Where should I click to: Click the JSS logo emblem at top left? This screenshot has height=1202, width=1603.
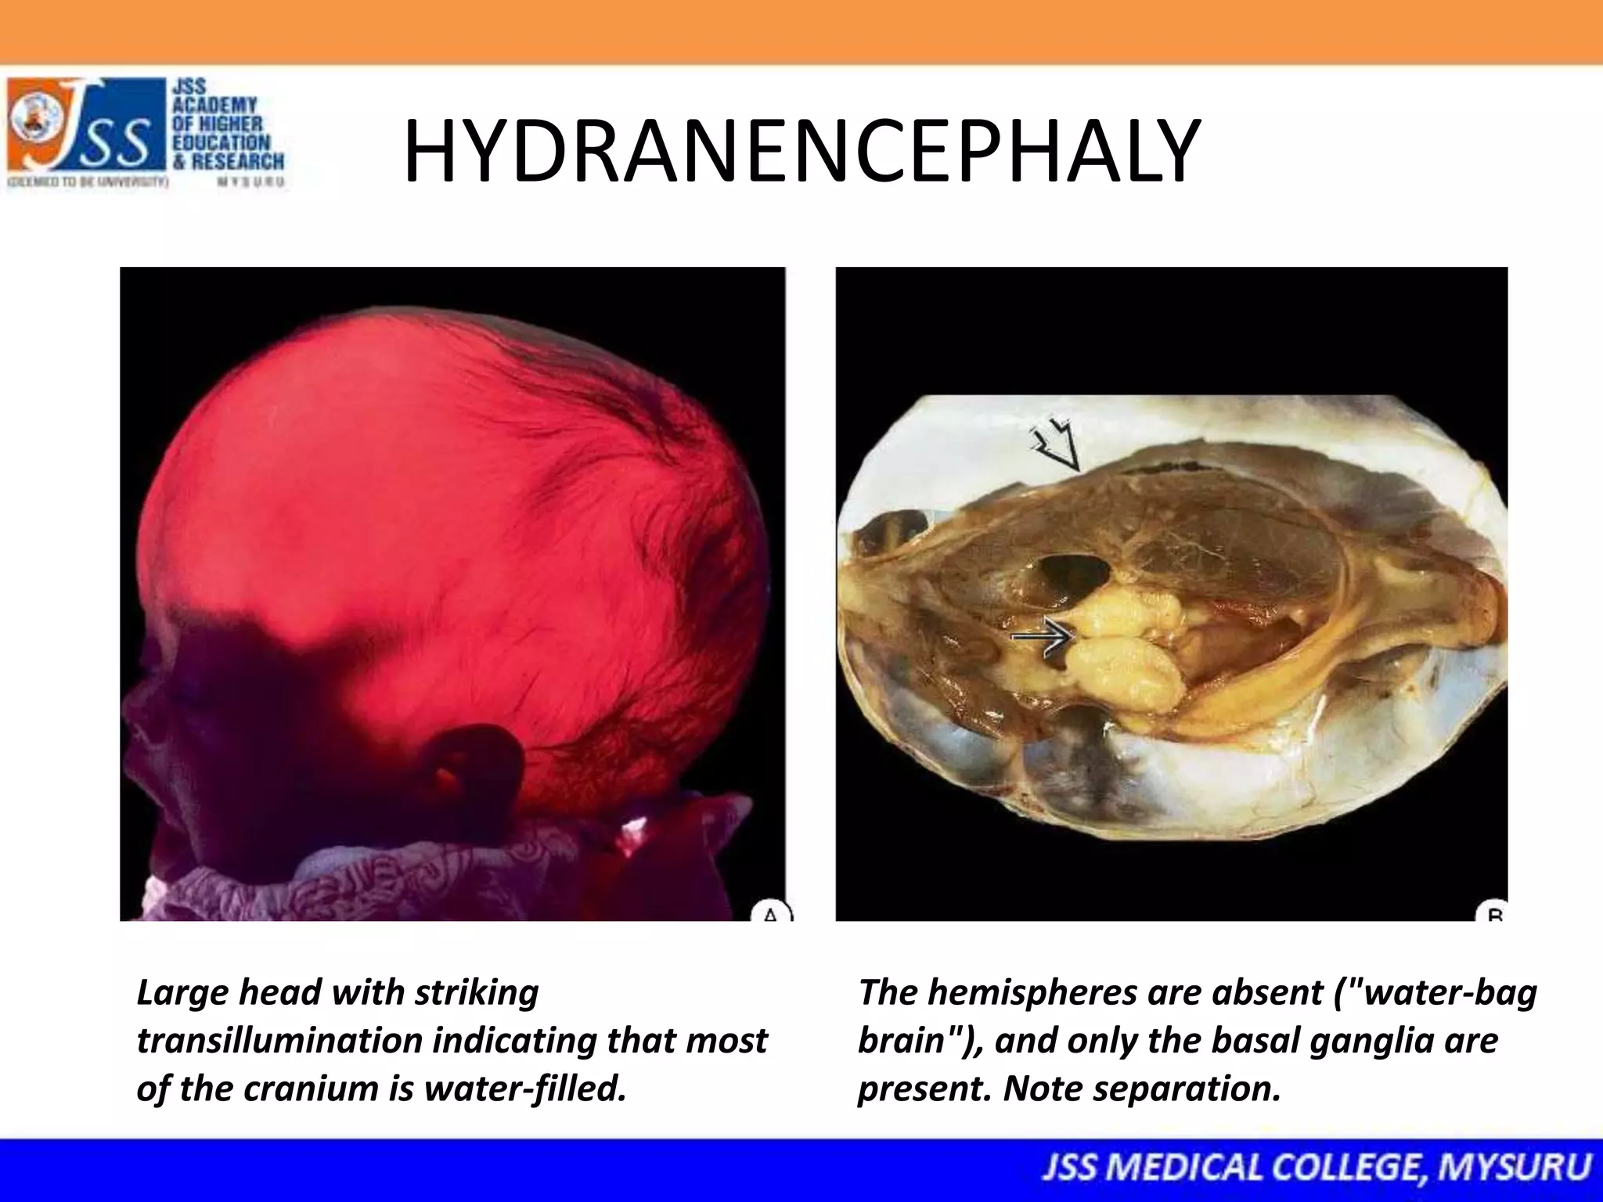(x=39, y=124)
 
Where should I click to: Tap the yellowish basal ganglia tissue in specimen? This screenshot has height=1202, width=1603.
(x=1127, y=650)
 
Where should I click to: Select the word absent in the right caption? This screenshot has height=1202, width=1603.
(x=1268, y=992)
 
